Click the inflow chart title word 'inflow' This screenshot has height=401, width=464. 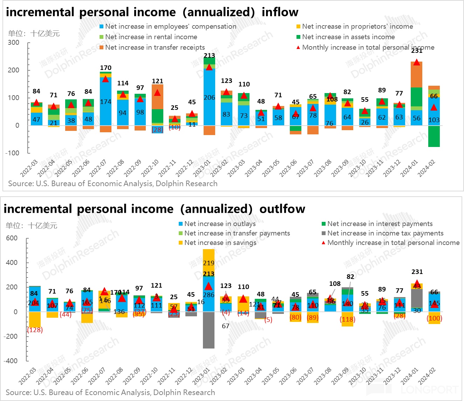tap(280, 12)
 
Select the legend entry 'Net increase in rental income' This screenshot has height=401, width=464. tap(151, 37)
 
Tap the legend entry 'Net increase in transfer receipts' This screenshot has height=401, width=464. tap(155, 47)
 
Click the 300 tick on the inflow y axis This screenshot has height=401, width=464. tap(14, 42)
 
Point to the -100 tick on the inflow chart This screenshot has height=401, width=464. tap(12, 153)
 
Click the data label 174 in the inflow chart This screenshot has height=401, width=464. tap(105, 102)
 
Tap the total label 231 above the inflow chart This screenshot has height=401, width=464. tap(417, 51)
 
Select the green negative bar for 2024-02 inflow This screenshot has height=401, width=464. tap(434, 136)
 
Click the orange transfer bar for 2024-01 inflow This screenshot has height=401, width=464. tap(416, 74)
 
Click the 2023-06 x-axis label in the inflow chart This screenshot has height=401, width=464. tap(288, 169)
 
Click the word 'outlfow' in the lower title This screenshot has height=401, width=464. tap(282, 209)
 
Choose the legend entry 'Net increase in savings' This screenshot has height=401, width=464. tap(220, 242)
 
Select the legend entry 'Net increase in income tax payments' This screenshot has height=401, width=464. tap(385, 233)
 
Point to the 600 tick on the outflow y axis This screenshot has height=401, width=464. tap(12, 238)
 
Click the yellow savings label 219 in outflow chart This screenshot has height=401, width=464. tap(209, 263)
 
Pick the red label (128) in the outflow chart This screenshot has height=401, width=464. tap(35, 330)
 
